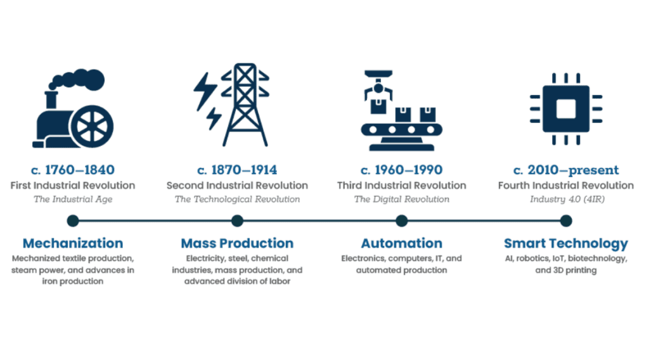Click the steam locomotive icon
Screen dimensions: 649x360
[73, 108]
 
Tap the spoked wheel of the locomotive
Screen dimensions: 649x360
[92, 127]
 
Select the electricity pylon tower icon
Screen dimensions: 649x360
[245, 105]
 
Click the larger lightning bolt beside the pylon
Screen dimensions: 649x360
[205, 91]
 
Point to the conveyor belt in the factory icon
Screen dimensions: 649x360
[401, 130]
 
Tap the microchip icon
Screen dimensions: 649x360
[566, 109]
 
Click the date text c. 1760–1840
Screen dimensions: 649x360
[73, 170]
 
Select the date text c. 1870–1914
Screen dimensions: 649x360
[237, 170]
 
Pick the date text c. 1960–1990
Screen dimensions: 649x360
[401, 170]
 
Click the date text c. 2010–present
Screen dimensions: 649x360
[566, 170]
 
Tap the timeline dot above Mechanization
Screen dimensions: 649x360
[73, 221]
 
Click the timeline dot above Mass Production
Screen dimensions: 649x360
[237, 221]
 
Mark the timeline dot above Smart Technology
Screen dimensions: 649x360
[566, 221]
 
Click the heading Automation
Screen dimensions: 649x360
[401, 243]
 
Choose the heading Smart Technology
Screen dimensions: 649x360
[566, 244]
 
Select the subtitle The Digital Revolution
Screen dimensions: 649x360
[401, 200]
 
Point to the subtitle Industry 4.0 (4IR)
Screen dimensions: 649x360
[567, 200]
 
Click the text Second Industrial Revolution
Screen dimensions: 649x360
[237, 185]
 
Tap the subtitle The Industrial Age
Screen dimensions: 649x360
[73, 200]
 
